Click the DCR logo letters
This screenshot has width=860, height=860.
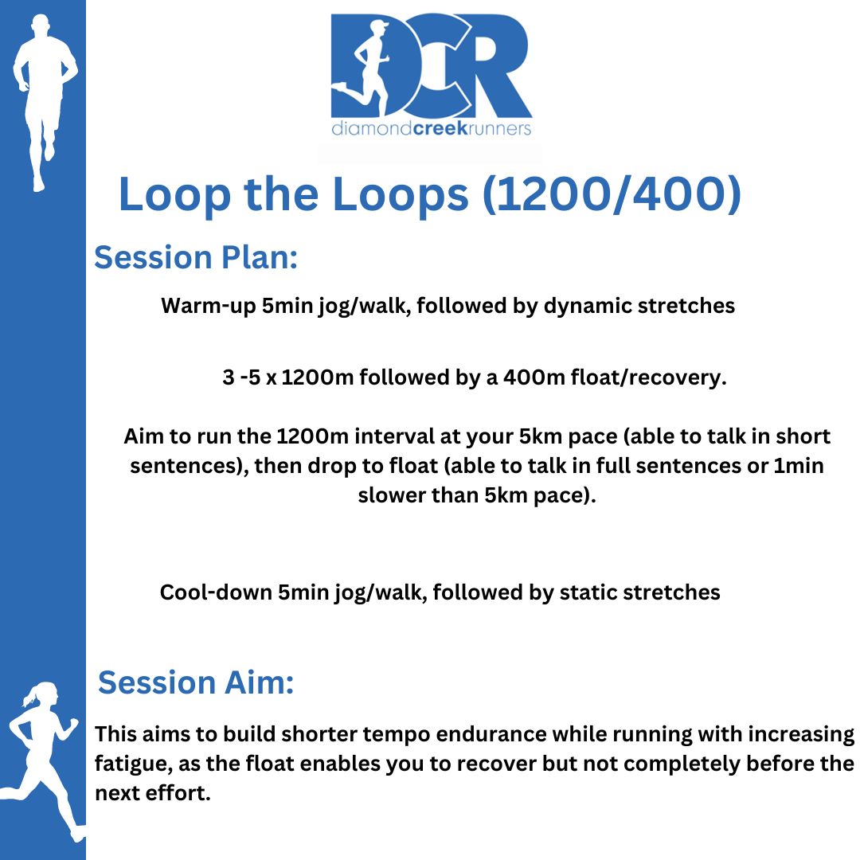[431, 64]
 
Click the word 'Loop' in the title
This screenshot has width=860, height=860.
[174, 196]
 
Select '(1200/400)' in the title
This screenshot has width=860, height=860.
[612, 194]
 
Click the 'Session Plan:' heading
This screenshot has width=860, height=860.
[196, 257]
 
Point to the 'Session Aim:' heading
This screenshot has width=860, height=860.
[196, 682]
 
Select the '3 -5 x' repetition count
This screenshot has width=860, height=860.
[249, 377]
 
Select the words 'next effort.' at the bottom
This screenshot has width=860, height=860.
[153, 793]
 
